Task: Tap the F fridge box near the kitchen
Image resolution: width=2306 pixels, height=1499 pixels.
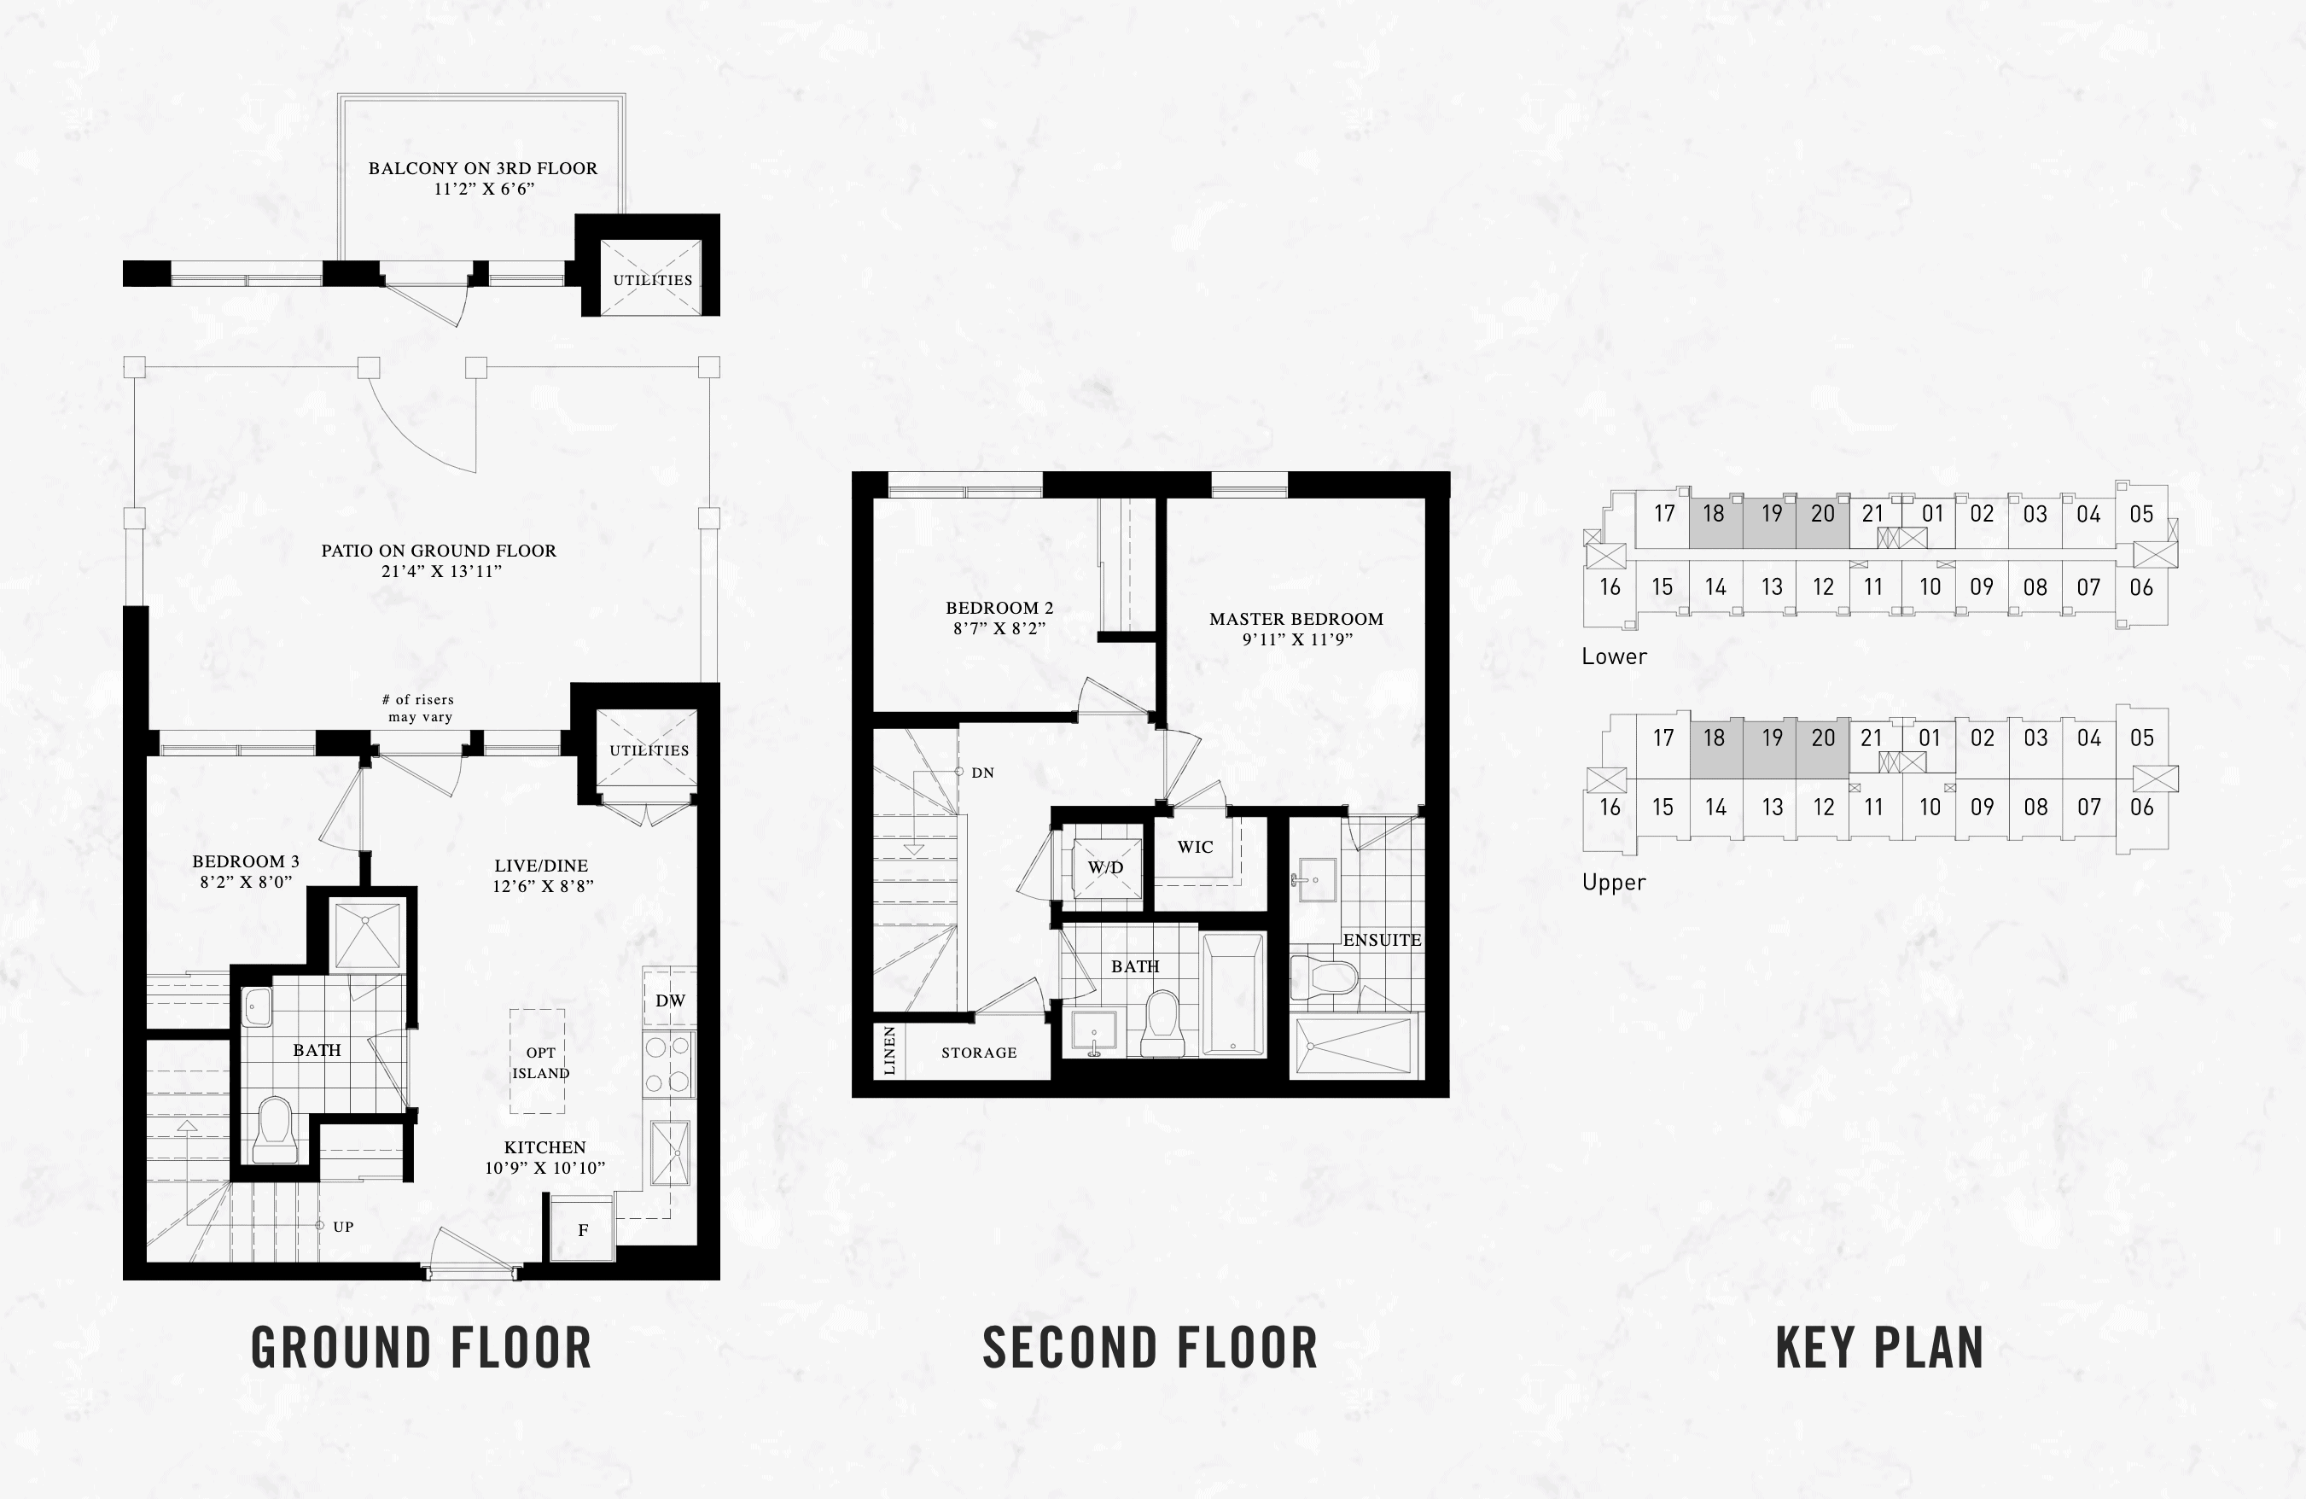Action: (x=582, y=1228)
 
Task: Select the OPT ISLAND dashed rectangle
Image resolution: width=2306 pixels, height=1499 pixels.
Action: (x=538, y=1061)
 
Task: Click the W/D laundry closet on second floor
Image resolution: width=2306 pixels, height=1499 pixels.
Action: (x=1105, y=866)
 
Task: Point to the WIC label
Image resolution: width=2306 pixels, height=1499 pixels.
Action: (x=1195, y=847)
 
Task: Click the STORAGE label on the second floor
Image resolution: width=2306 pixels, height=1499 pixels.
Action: (x=979, y=1053)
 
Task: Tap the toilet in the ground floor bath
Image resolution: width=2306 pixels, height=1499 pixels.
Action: (x=275, y=1130)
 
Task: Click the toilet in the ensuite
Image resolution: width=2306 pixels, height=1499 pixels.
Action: (x=1325, y=977)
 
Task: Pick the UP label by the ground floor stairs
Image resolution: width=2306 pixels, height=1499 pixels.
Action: (x=343, y=1227)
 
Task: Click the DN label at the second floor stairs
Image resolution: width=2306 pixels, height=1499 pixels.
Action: (x=982, y=773)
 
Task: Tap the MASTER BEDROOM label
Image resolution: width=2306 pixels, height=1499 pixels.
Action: (x=1296, y=618)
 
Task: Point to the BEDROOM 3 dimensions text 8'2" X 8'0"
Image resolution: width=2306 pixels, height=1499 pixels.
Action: (x=246, y=882)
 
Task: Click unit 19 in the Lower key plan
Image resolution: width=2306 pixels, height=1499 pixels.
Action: (x=1771, y=514)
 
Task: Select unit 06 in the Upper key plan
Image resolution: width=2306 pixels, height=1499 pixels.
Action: (x=2141, y=808)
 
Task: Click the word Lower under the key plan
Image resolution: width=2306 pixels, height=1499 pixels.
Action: (x=1614, y=656)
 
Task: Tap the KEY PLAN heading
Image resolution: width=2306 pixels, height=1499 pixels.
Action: (x=1878, y=1348)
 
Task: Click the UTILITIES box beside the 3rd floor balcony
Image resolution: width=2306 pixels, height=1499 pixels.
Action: (x=650, y=277)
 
